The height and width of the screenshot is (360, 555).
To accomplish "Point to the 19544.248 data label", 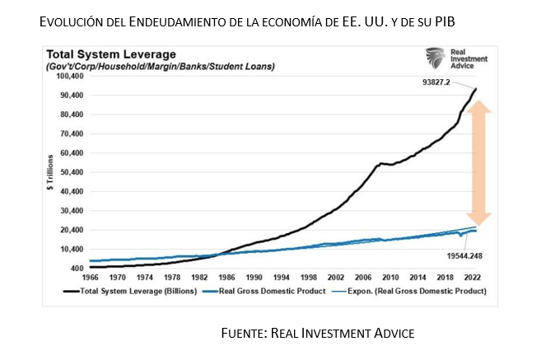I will click(x=462, y=255).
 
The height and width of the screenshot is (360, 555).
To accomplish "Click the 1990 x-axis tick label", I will click(x=254, y=278).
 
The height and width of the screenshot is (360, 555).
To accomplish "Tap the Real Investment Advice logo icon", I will click(x=434, y=58).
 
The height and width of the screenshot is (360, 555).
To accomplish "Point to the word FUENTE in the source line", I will click(x=246, y=333).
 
